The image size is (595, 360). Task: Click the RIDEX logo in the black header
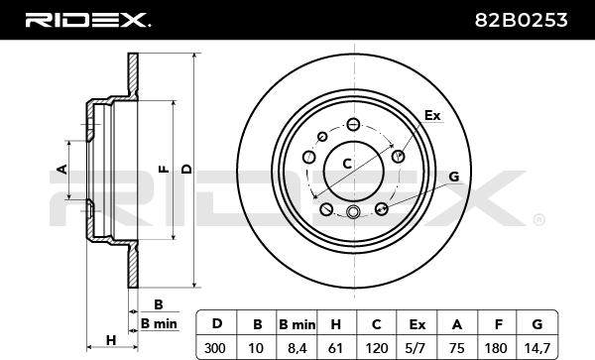(87, 20)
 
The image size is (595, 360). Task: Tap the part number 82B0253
(521, 20)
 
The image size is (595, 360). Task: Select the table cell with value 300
(215, 347)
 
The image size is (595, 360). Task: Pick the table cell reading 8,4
(297, 348)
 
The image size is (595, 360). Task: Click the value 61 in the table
(335, 347)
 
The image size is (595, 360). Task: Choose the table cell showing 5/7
(416, 347)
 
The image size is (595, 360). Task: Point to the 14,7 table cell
(536, 348)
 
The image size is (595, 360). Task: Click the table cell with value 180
(496, 347)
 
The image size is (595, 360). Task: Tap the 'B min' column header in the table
(297, 324)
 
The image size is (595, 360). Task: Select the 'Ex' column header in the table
(417, 324)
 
